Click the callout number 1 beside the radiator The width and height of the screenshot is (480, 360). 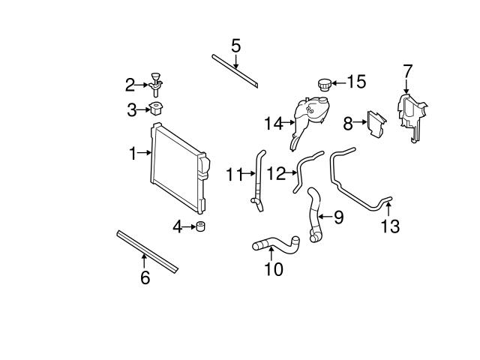tap(132, 153)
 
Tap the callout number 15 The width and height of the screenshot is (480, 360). tap(356, 81)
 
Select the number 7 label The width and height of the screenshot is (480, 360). tap(408, 71)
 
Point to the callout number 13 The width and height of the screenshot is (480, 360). tap(391, 224)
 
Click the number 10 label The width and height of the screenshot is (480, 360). tap(274, 268)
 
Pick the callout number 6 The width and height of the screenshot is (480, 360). tap(145, 277)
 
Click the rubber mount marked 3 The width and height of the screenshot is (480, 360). tap(157, 109)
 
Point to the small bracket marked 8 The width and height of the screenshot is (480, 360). tap(376, 124)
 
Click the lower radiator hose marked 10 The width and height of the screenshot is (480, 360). tap(274, 244)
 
